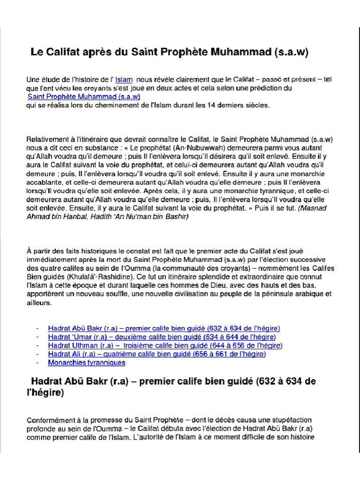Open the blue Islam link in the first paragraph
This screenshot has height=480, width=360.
[124, 80]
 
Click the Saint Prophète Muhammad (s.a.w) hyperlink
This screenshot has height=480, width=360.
[84, 97]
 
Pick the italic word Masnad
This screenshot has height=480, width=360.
[317, 207]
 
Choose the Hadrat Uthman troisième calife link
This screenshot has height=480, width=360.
[165, 345]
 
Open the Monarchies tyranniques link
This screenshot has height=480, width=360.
[86, 362]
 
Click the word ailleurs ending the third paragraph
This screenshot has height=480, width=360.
[39, 303]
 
